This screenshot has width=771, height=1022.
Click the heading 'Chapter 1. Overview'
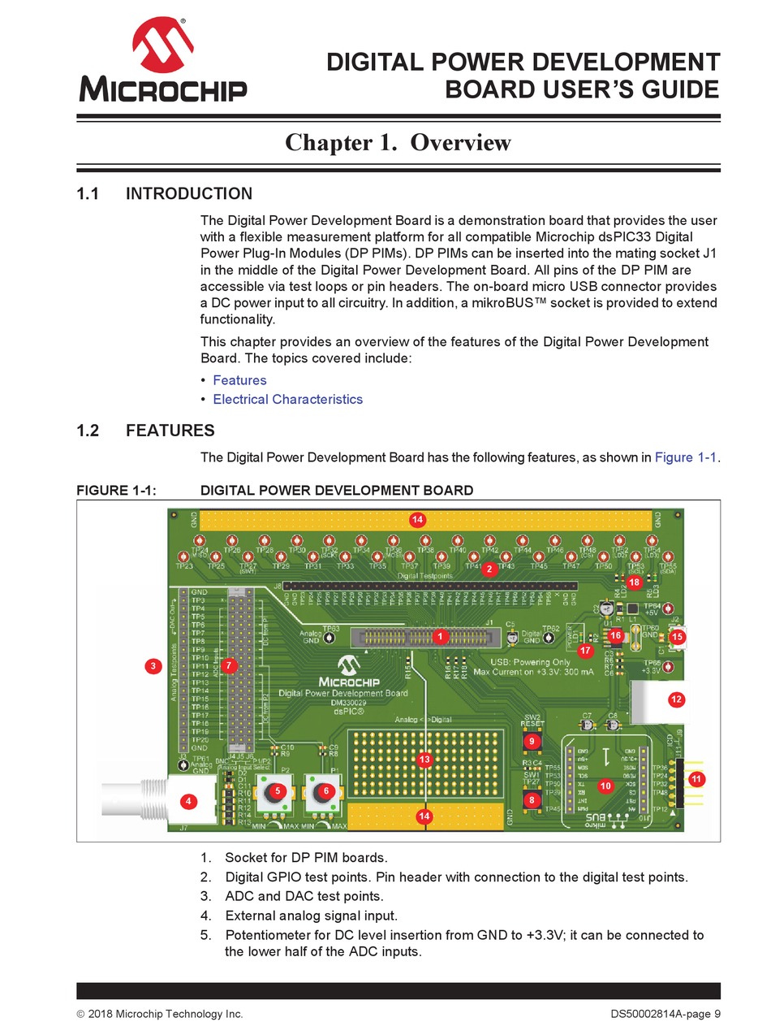coord(398,142)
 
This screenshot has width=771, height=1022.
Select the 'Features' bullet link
coord(239,380)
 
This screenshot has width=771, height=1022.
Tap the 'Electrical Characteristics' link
coord(287,399)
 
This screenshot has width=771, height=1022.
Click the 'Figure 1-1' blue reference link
coord(686,457)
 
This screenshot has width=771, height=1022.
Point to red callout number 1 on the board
coord(440,636)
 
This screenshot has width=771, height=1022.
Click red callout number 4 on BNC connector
coord(188,801)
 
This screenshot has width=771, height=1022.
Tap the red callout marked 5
coord(278,790)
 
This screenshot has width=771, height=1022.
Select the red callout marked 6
coord(325,790)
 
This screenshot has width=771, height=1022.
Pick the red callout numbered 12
coord(675,698)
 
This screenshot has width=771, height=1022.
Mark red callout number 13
coord(424,760)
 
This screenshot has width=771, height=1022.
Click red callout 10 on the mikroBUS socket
coord(605,786)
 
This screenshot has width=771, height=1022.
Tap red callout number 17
coord(585,650)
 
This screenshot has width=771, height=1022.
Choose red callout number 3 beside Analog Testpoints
coord(153,667)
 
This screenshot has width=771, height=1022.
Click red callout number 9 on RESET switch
coord(532,741)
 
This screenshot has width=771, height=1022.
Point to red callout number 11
coord(696,778)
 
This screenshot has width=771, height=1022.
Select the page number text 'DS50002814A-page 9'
coord(665,1013)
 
